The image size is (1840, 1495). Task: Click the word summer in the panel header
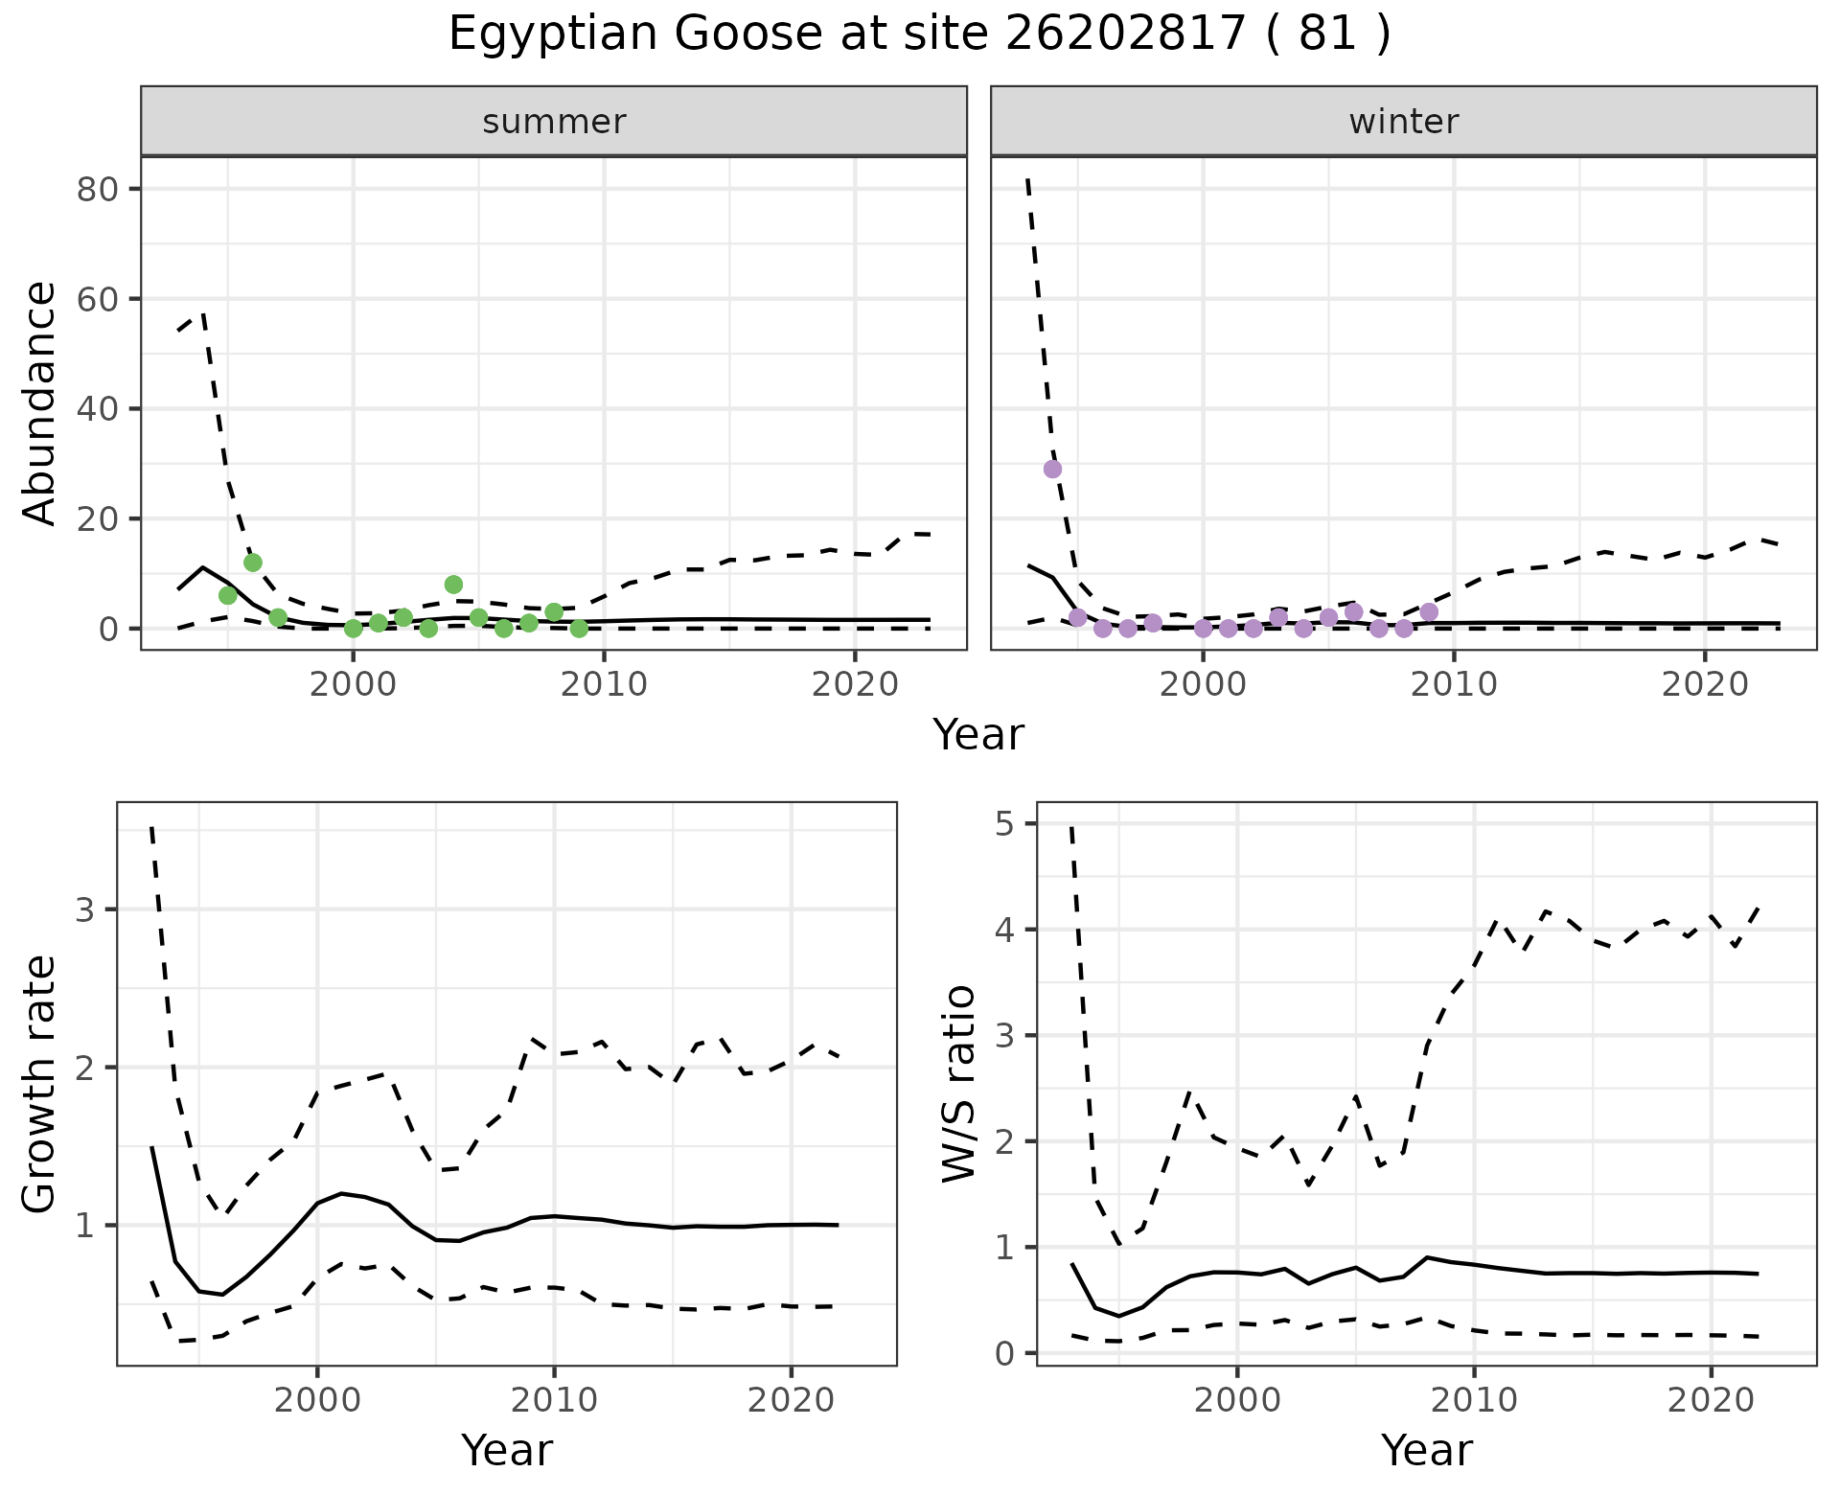click(554, 122)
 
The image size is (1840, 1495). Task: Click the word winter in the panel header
click(1403, 122)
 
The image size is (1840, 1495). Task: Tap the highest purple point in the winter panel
click(1052, 469)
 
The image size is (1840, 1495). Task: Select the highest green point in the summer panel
click(253, 563)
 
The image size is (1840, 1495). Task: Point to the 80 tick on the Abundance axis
click(97, 189)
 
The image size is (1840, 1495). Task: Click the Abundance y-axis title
click(40, 402)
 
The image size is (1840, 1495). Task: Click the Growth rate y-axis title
click(40, 1085)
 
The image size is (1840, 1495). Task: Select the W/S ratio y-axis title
click(959, 1083)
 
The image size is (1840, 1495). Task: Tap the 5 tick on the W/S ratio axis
click(1013, 824)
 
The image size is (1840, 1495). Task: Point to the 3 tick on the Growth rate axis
click(86, 909)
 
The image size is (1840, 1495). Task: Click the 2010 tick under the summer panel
click(604, 684)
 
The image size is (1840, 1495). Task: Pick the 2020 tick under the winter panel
click(1705, 684)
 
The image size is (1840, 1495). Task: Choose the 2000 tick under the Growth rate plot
click(317, 1400)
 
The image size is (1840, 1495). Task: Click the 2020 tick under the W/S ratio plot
click(1711, 1400)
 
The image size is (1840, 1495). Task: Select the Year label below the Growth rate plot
click(507, 1451)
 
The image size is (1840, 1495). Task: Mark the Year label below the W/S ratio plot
click(1426, 1451)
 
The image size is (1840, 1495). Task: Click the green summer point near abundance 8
click(453, 585)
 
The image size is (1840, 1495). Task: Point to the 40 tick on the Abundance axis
click(97, 409)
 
